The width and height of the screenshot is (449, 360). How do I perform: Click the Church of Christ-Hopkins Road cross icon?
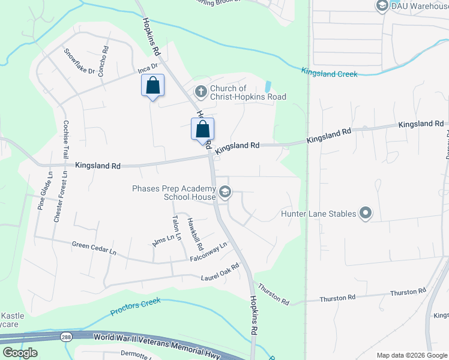[201, 92]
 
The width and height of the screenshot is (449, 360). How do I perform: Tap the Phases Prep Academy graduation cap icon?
[225, 192]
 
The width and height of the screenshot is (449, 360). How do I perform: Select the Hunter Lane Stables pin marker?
[365, 213]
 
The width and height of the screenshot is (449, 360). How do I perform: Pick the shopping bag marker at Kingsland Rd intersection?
[202, 129]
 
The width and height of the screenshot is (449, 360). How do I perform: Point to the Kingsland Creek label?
[330, 73]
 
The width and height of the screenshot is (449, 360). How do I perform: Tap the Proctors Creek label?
[136, 307]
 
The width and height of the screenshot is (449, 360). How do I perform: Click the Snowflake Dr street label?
[80, 62]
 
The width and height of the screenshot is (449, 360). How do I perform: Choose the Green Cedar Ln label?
[94, 248]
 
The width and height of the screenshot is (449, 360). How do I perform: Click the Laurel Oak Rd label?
[220, 273]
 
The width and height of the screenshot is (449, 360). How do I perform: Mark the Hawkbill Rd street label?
[193, 233]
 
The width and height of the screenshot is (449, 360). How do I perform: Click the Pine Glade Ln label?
[42, 191]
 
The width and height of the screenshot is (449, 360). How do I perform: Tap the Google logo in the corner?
[20, 352]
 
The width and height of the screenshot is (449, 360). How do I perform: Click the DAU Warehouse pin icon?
[381, 5]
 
